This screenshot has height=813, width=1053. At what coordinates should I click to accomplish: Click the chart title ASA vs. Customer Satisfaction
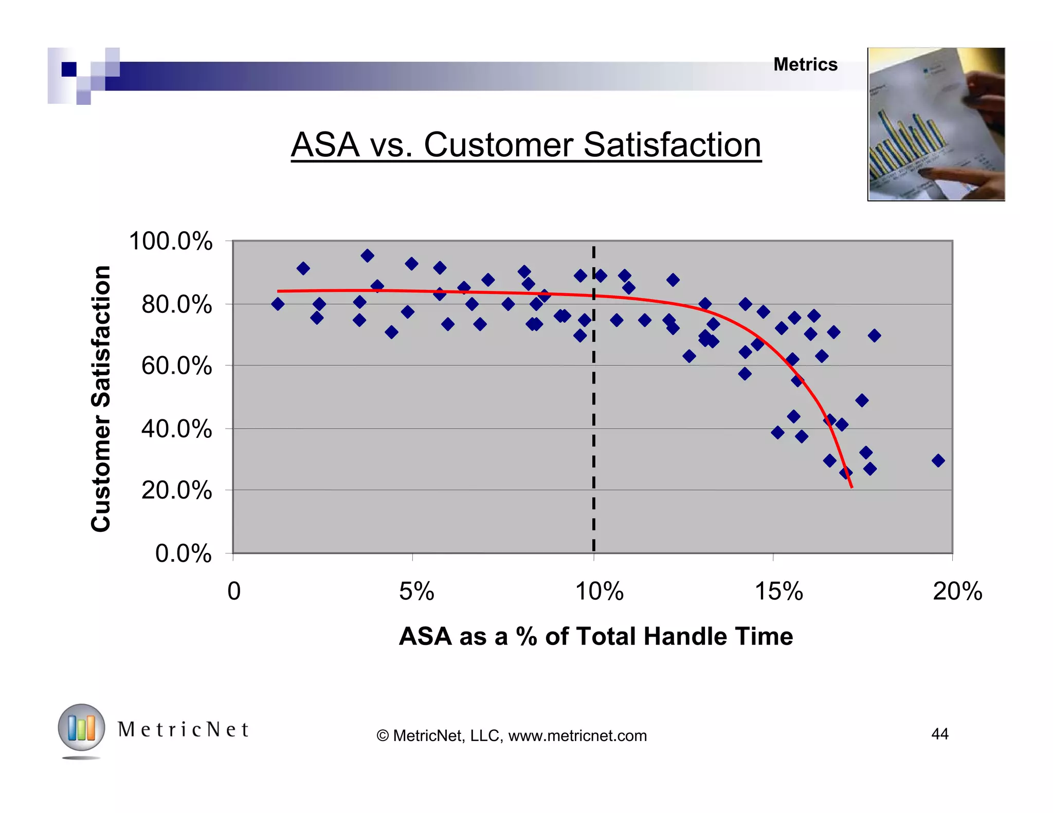pyautogui.click(x=525, y=145)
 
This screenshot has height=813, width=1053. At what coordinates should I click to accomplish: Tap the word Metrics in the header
pyautogui.click(x=805, y=65)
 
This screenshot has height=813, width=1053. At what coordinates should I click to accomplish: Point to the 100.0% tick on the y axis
pyautogui.click(x=171, y=242)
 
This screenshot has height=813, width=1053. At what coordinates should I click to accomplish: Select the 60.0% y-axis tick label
pyautogui.click(x=176, y=366)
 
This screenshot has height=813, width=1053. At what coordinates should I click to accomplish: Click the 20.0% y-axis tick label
pyautogui.click(x=176, y=490)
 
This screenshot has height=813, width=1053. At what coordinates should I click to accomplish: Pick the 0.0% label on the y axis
pyautogui.click(x=183, y=554)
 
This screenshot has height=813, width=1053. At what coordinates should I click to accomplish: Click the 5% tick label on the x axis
pyautogui.click(x=416, y=592)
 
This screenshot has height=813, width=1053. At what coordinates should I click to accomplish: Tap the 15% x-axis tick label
pyautogui.click(x=778, y=592)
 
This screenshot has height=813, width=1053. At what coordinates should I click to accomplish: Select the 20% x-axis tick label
pyautogui.click(x=957, y=592)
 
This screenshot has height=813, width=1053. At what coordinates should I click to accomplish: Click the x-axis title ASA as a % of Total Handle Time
pyautogui.click(x=595, y=636)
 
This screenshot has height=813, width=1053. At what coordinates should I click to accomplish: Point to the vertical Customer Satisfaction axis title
pyautogui.click(x=101, y=399)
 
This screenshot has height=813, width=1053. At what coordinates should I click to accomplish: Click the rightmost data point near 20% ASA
pyautogui.click(x=938, y=460)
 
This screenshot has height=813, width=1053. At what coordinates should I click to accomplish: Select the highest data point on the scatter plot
pyautogui.click(x=367, y=255)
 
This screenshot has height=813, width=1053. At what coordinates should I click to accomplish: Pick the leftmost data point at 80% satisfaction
pyautogui.click(x=278, y=304)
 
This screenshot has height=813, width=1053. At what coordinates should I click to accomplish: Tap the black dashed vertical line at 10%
pyautogui.click(x=594, y=411)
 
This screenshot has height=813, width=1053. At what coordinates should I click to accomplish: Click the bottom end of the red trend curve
pyautogui.click(x=851, y=486)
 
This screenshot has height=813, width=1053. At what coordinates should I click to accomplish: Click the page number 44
pyautogui.click(x=939, y=734)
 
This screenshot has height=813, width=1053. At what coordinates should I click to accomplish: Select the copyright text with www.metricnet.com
pyautogui.click(x=512, y=736)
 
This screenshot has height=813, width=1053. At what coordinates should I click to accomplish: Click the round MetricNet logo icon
pyautogui.click(x=81, y=728)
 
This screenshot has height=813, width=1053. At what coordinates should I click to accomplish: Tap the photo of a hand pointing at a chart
pyautogui.click(x=936, y=124)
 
